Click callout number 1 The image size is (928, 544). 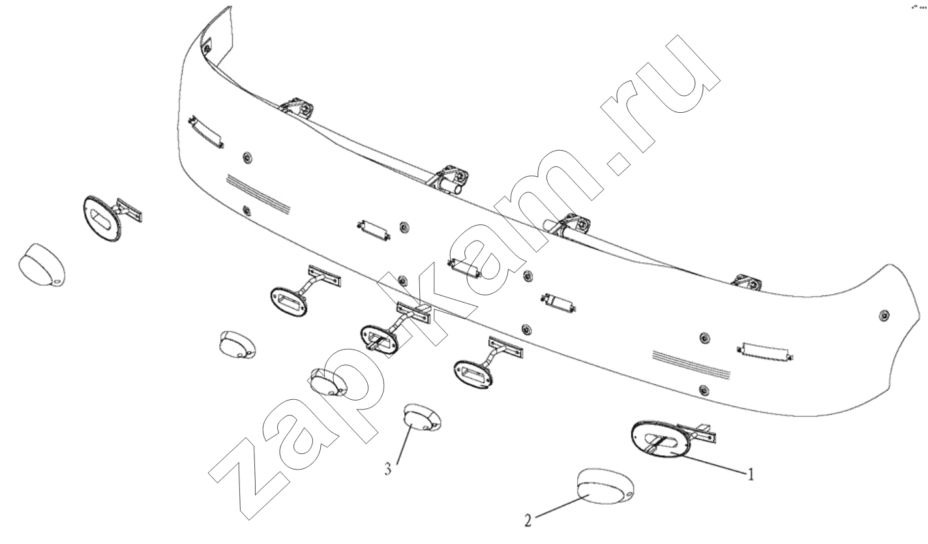750,474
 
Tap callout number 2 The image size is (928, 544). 528,521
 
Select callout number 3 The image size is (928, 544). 388,469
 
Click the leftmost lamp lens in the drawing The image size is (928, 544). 42,265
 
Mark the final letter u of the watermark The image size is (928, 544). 680,74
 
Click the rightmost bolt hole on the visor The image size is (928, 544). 884,315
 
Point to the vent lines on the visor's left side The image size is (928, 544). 258,194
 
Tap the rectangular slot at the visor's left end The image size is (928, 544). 206,132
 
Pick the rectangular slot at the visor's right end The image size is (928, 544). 766,352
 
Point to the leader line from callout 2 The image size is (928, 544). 561,506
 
